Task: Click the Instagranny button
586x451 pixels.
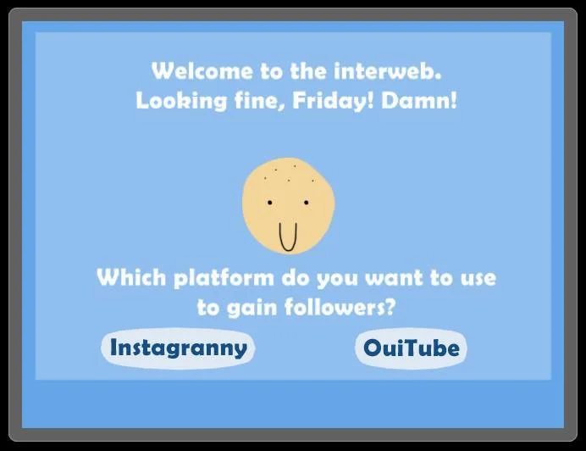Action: tap(178, 348)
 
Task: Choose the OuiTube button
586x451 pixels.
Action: tap(411, 348)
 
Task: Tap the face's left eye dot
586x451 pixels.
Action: tap(270, 203)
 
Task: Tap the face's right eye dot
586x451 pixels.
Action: tap(306, 203)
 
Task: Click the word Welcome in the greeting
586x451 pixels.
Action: tap(202, 70)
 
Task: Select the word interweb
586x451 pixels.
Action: tap(387, 70)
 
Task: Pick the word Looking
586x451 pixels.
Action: tap(181, 101)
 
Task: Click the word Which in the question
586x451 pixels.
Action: tap(131, 277)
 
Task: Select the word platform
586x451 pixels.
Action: tap(224, 278)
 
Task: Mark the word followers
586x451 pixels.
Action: tap(335, 307)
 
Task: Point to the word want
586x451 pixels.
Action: tap(395, 278)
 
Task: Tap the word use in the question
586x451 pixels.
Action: tap(478, 279)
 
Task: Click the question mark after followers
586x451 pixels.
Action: tap(391, 307)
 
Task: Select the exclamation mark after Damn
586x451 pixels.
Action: tap(454, 100)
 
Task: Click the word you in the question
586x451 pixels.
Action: tap(337, 280)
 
